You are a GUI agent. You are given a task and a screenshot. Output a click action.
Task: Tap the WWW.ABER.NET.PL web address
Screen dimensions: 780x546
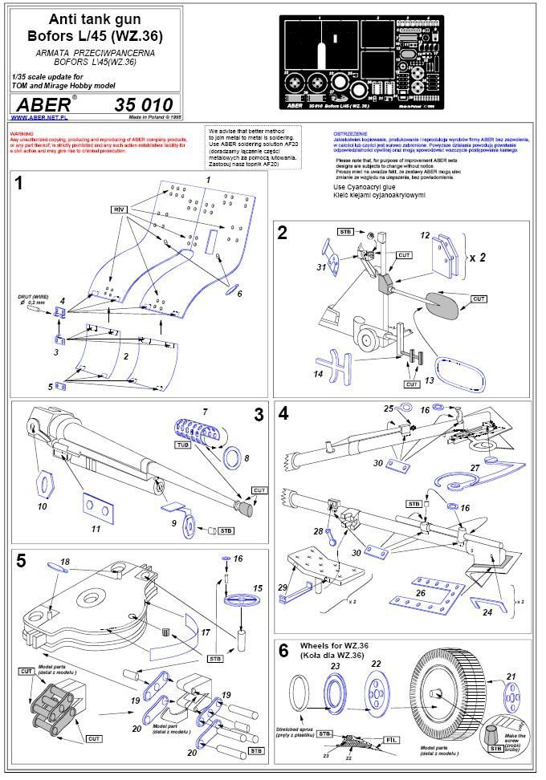coord(39,117)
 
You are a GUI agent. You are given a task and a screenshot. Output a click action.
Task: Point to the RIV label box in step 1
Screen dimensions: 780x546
coord(120,209)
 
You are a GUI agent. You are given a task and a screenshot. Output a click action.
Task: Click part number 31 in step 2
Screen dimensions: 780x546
coord(320,267)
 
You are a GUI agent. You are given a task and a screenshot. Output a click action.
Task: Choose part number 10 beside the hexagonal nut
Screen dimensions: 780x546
coord(43,507)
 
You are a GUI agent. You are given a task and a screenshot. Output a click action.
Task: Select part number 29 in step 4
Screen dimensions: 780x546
coord(282,587)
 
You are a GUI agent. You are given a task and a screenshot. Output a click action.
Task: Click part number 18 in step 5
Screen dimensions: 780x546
coord(65,561)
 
